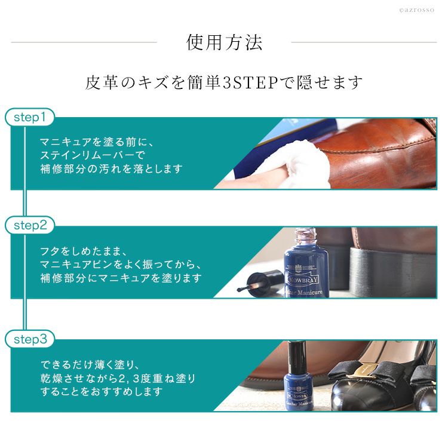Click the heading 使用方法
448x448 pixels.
point(224,42)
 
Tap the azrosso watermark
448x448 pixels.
point(416,10)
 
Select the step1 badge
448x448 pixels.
point(30,117)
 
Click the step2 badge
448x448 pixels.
point(30,225)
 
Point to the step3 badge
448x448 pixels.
point(30,339)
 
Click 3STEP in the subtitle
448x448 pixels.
point(250,82)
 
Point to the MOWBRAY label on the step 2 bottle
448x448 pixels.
point(303,280)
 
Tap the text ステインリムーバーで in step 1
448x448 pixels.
point(93,155)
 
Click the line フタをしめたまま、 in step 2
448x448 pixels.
point(83,251)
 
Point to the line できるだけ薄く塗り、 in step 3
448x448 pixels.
point(90,364)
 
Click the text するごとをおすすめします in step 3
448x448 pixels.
point(102,391)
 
